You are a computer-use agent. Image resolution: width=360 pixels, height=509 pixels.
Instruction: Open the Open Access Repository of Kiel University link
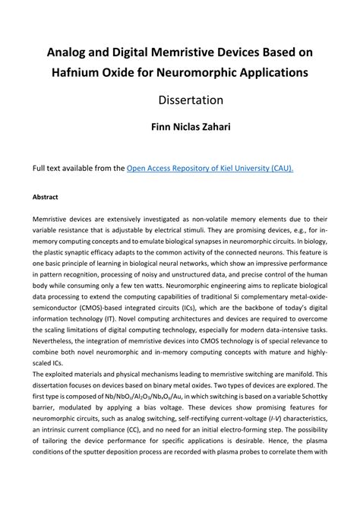point(210,169)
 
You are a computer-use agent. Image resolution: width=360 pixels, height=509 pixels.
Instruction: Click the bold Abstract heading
point(46,196)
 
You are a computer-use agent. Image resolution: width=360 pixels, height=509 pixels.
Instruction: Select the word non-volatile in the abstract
point(219,217)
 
